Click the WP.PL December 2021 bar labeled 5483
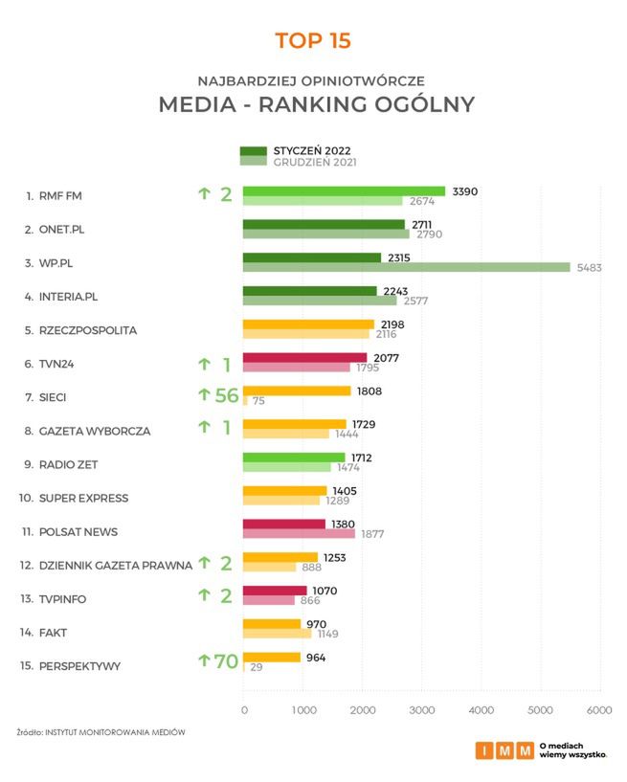pos(407,268)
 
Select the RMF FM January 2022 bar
pos(344,191)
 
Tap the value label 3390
pos(464,191)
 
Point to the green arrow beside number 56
pos(203,393)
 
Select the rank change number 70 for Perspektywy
pos(226,660)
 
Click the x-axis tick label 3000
pos(422,709)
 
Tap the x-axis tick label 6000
pos(599,709)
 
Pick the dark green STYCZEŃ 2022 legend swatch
pos(254,151)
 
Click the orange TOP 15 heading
pos(313,41)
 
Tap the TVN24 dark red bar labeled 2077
pos(304,358)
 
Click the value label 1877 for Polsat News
pos(372,533)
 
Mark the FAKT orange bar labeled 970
pos(272,624)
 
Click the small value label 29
pos(258,666)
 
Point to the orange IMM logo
pos(504,750)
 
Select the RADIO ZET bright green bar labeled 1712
pos(294,458)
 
